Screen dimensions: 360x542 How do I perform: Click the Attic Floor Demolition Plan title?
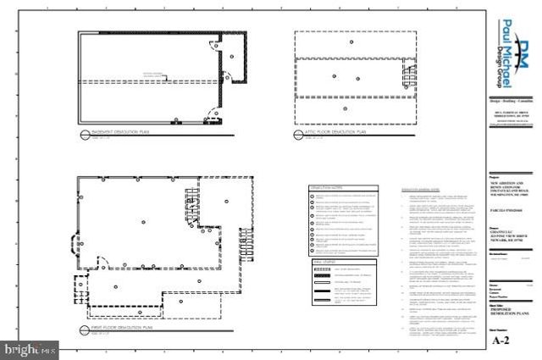click(335, 133)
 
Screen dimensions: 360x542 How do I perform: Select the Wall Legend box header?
click(326, 263)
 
